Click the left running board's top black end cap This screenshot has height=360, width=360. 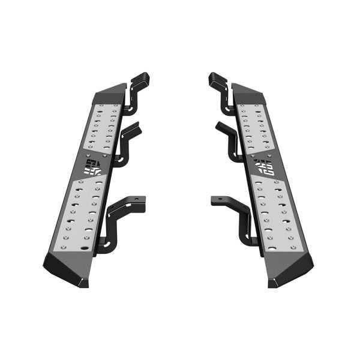point(110,94)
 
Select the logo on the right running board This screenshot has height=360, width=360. point(265,167)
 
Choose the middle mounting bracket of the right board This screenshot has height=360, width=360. point(231,141)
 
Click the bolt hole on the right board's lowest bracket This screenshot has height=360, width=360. point(217,200)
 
